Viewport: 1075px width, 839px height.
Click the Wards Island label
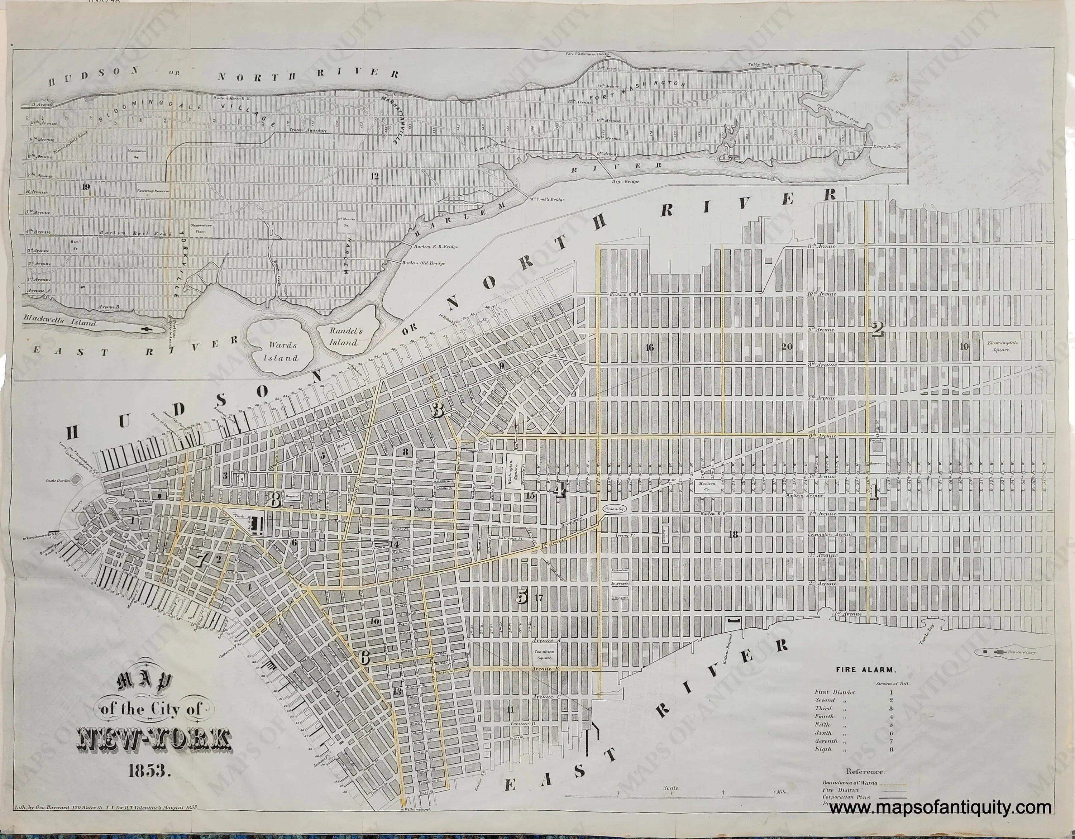[282, 351]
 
